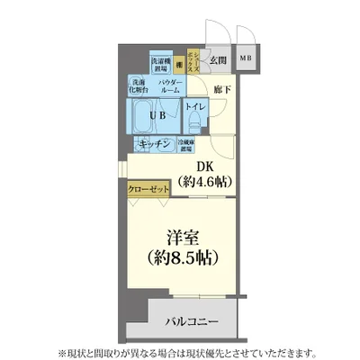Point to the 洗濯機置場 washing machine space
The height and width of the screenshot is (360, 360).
pos(161,62)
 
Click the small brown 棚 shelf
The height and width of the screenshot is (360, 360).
pos(180,63)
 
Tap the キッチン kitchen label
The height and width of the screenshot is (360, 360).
pos(155,145)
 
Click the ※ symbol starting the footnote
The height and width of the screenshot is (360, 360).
pos(88,351)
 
